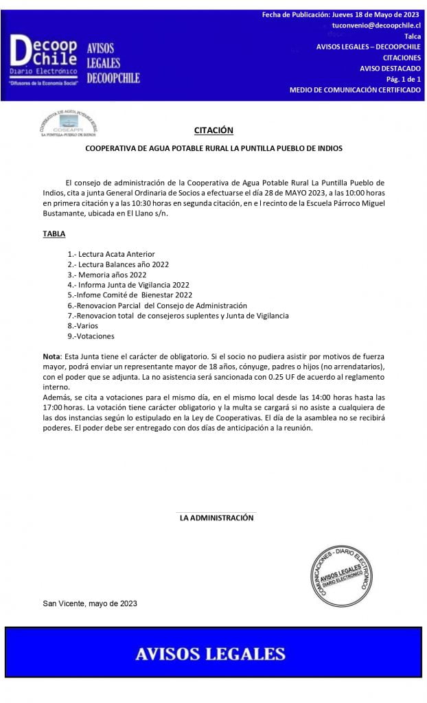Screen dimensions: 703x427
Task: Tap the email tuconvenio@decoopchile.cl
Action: click(376, 25)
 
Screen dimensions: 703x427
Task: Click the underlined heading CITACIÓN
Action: click(213, 130)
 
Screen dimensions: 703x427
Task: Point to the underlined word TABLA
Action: click(54, 234)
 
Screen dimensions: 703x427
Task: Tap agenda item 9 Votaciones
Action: click(91, 336)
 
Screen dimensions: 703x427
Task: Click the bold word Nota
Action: click(51, 358)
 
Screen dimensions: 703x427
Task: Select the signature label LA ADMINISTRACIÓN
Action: click(216, 518)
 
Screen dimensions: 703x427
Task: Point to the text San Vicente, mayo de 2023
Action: click(90, 603)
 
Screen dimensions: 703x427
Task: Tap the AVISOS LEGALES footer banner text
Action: click(210, 654)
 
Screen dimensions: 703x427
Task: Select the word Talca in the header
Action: click(413, 36)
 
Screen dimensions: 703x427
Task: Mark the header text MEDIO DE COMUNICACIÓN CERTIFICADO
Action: click(355, 90)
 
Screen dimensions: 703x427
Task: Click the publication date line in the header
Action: click(341, 14)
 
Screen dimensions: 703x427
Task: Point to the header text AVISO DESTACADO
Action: click(390, 69)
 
